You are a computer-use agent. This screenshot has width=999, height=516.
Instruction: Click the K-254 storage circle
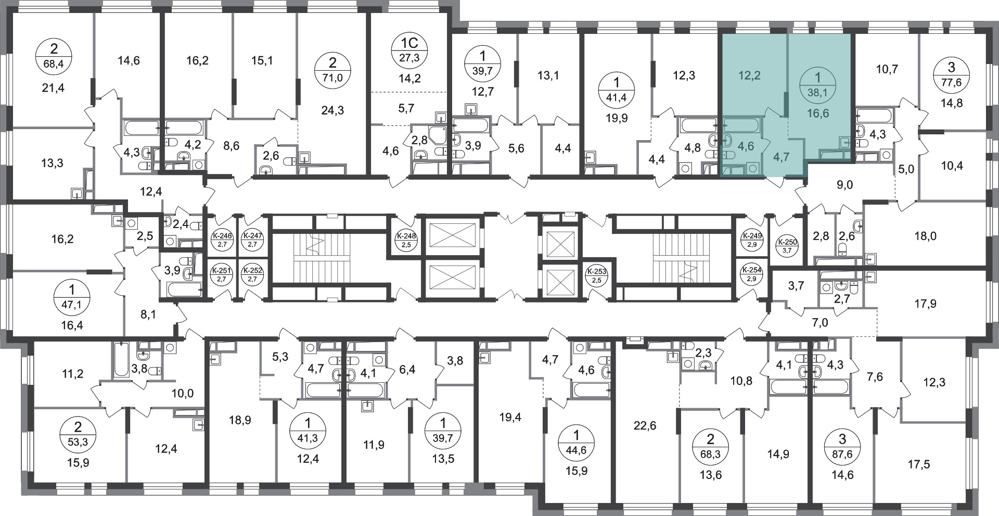[x=751, y=273]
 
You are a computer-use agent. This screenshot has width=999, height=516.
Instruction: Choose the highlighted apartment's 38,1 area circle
[x=817, y=86]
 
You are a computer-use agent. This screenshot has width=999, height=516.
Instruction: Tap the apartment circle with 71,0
[x=332, y=71]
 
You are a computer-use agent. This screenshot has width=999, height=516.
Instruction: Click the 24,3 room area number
[x=332, y=110]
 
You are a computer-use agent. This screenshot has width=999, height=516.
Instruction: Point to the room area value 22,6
[x=645, y=426]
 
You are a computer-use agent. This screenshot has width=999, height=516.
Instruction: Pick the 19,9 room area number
[x=617, y=118]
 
